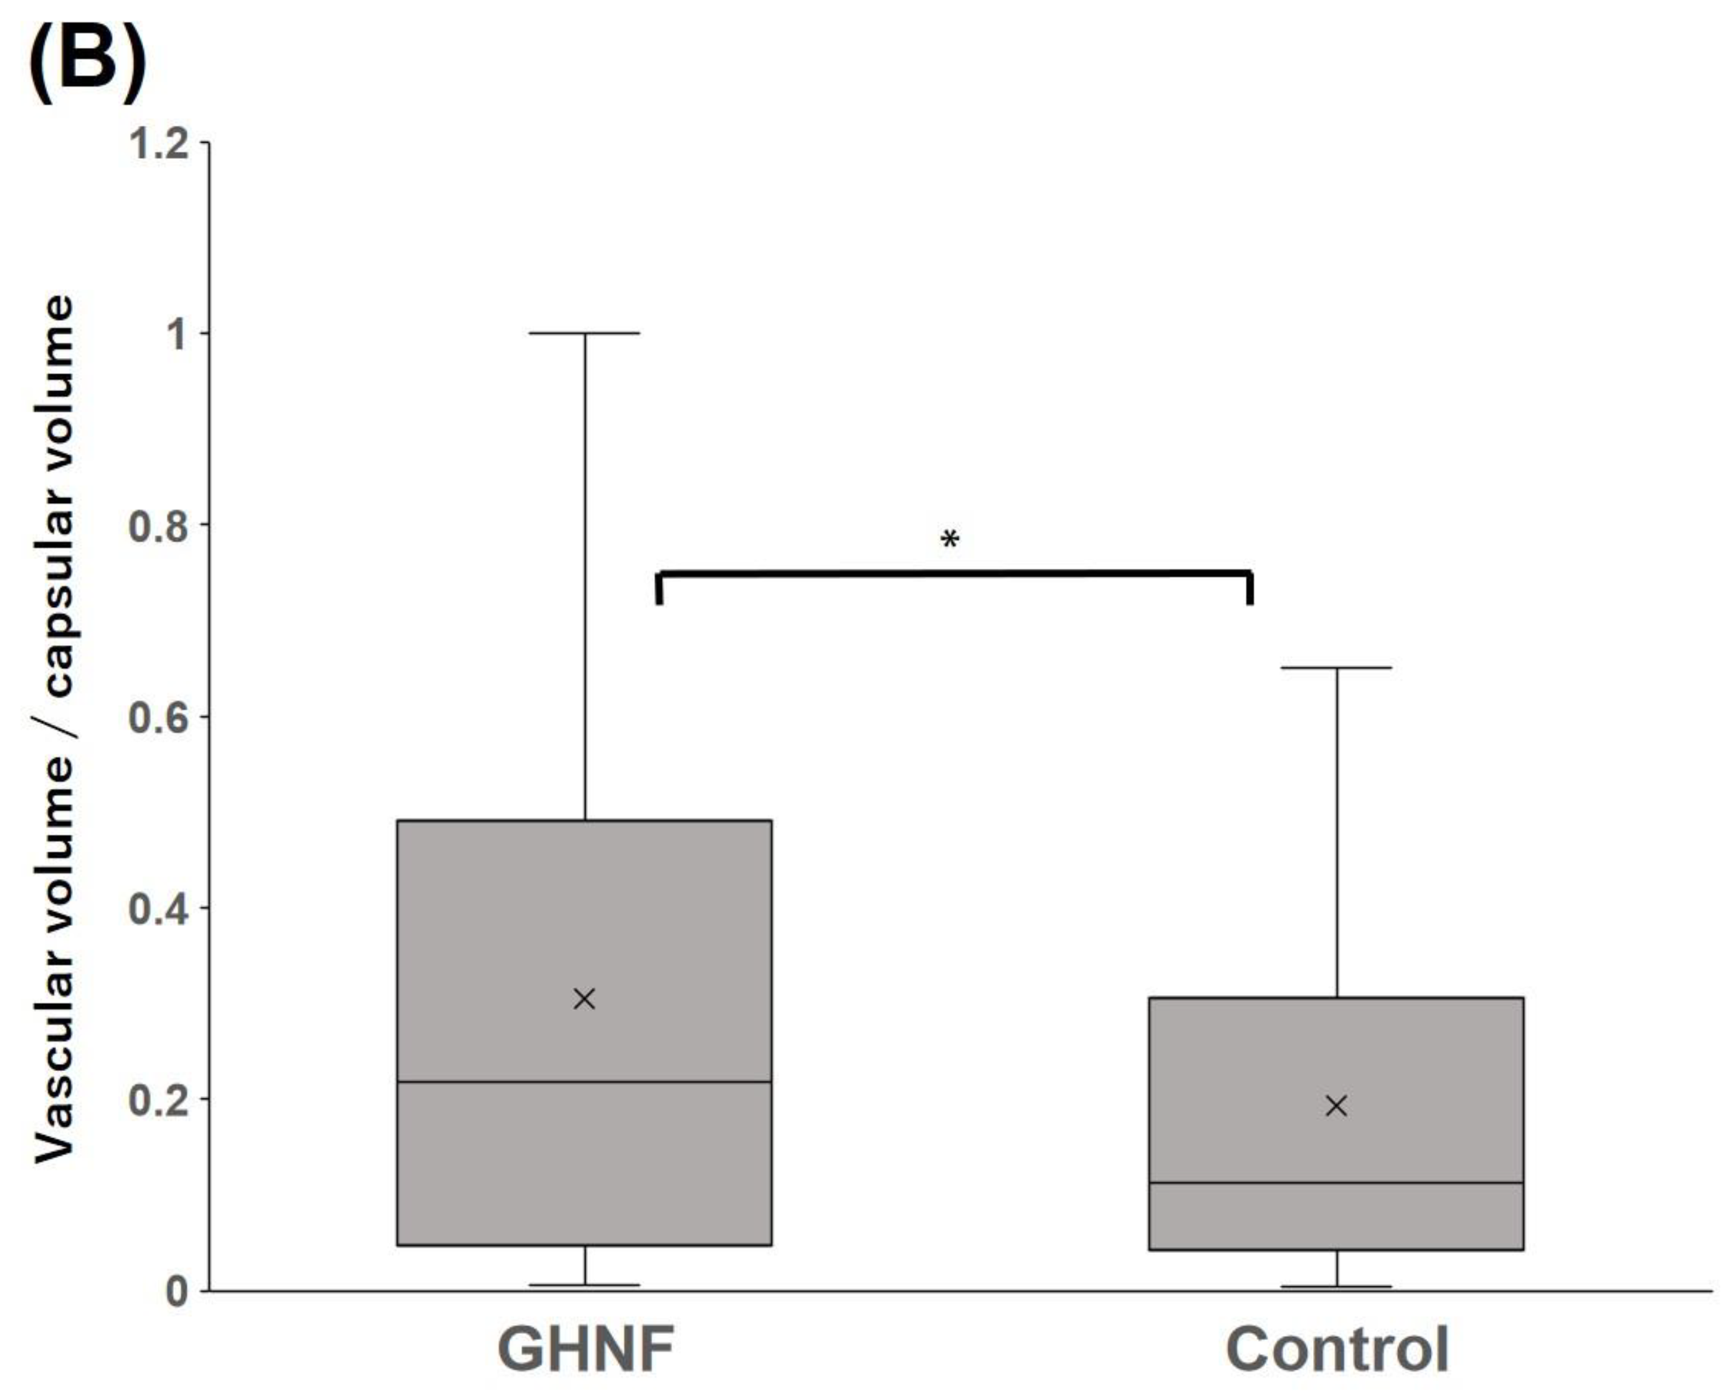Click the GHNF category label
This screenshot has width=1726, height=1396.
tap(585, 1349)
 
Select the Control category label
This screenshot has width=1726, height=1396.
tap(1337, 1349)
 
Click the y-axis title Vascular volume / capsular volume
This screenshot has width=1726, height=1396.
tap(55, 728)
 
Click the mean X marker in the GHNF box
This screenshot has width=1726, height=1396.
tap(585, 999)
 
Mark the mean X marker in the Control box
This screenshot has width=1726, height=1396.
tap(1336, 1106)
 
